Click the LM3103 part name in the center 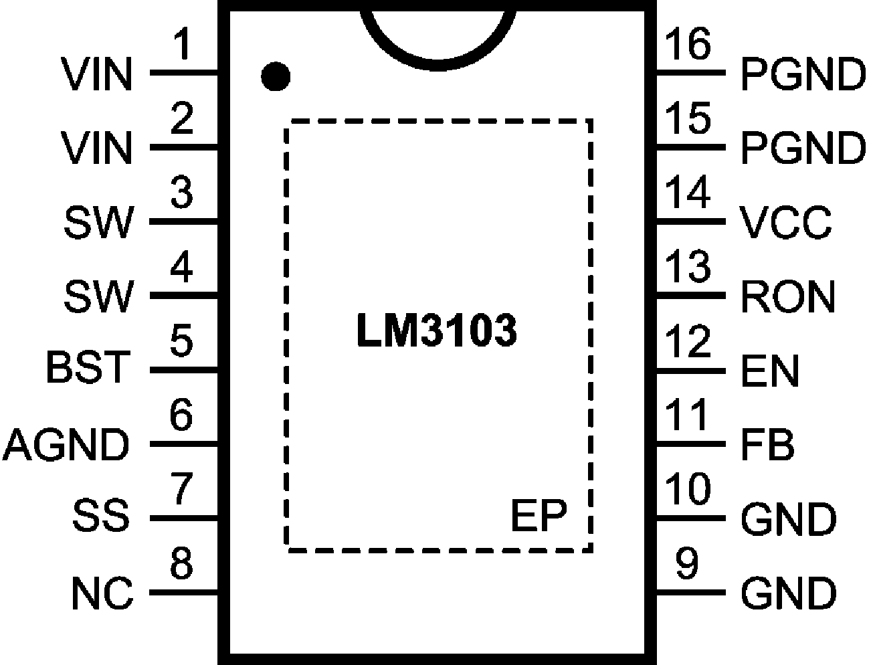(x=436, y=331)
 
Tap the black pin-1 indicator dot (x=275, y=77)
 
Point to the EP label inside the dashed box (x=538, y=515)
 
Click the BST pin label (x=88, y=368)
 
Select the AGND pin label (x=67, y=444)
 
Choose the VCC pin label (x=786, y=222)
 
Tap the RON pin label (x=788, y=296)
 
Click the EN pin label (x=770, y=371)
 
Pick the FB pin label (x=768, y=445)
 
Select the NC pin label (x=102, y=593)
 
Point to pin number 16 (x=687, y=45)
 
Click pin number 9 (x=687, y=563)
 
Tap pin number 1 (x=182, y=47)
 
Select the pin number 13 (x=687, y=267)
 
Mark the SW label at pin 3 (x=99, y=222)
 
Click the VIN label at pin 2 (x=97, y=148)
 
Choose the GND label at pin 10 (x=788, y=519)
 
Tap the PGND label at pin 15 (x=803, y=148)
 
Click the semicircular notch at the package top (x=438, y=37)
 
